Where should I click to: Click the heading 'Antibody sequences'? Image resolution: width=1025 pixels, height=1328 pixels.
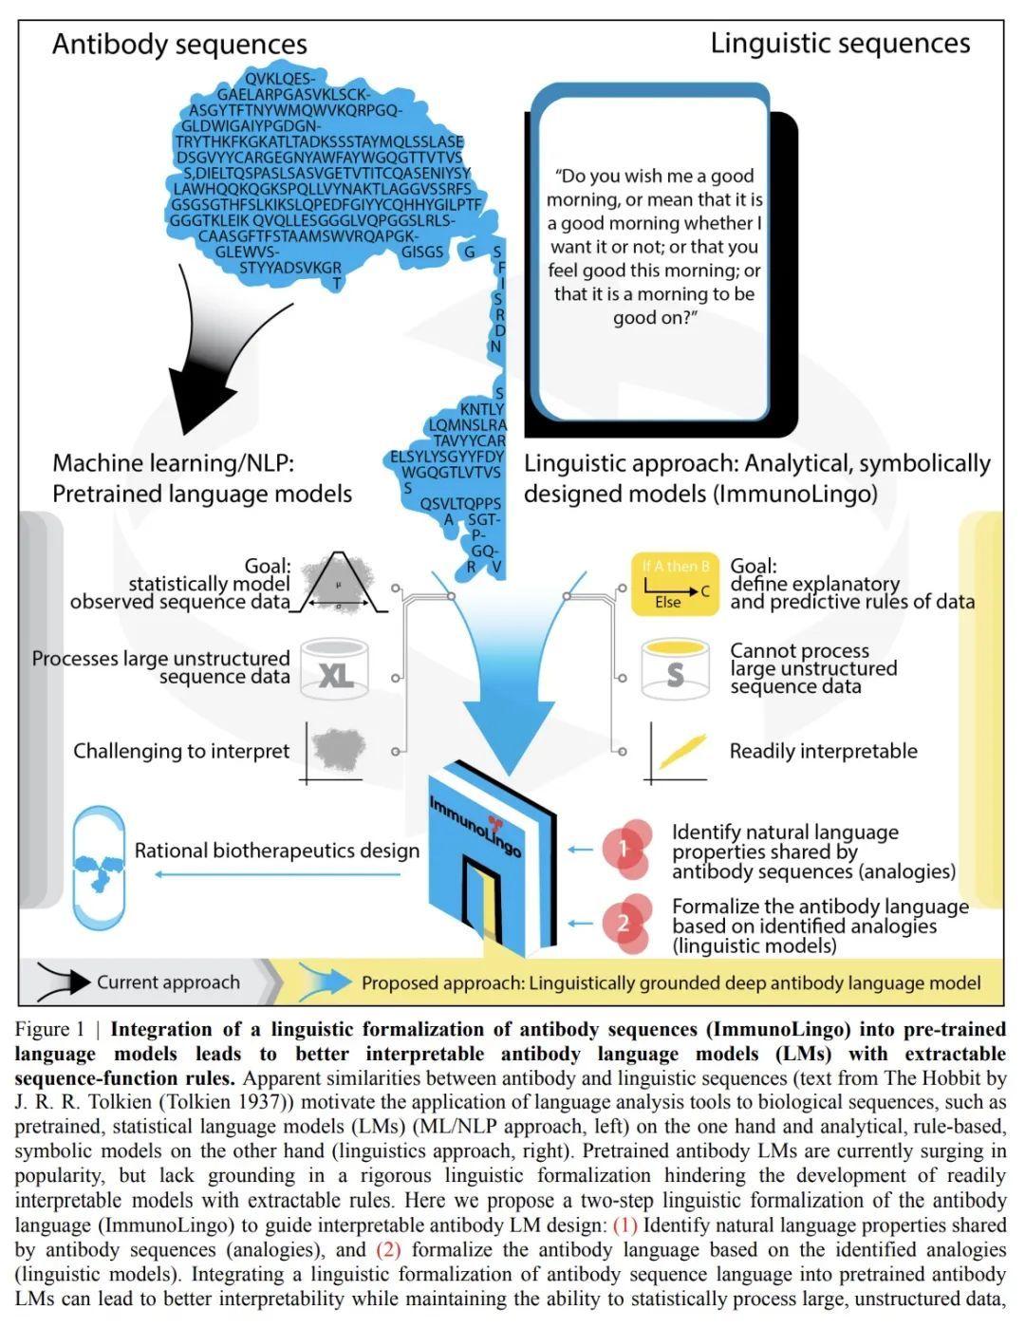click(179, 45)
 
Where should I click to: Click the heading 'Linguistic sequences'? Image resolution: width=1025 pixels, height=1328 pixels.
click(840, 44)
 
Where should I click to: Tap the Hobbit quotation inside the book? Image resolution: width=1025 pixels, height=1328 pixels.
click(655, 247)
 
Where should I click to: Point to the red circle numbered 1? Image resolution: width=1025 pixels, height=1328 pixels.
click(624, 848)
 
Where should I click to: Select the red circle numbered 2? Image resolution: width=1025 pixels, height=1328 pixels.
click(624, 923)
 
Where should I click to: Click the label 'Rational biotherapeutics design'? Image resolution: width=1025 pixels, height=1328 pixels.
click(276, 851)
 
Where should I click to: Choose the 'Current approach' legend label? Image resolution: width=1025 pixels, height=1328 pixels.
click(168, 982)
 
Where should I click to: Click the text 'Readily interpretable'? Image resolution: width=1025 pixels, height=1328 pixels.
click(823, 751)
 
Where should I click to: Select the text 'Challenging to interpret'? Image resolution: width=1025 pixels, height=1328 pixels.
click(181, 751)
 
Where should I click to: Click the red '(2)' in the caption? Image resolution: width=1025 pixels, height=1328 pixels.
click(389, 1249)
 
